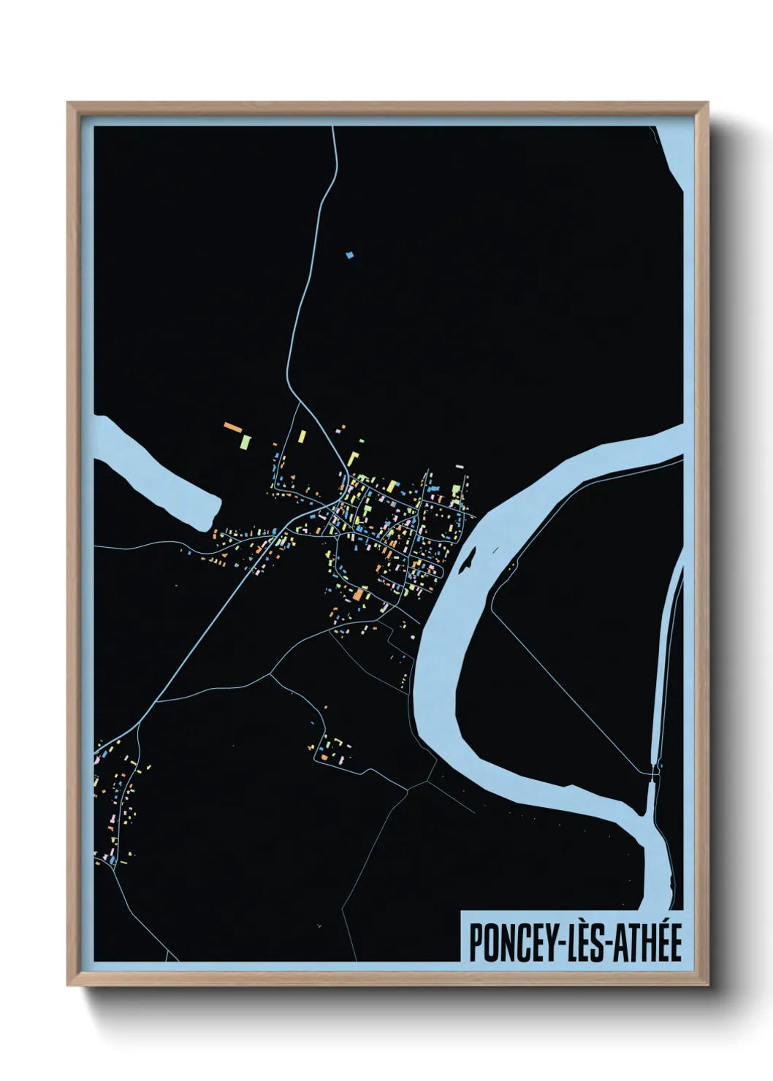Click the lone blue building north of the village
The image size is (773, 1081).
click(350, 255)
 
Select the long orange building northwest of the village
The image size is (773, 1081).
click(232, 427)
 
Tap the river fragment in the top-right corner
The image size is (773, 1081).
click(673, 153)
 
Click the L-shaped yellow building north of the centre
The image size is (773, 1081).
click(354, 458)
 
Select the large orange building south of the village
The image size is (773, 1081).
click(359, 595)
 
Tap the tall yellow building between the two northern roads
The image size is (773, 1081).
click(302, 437)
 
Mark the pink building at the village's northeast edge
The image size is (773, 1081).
click(459, 466)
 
